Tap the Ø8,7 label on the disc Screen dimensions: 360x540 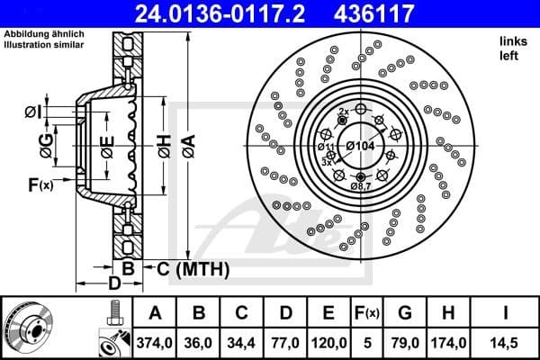click(x=361, y=184)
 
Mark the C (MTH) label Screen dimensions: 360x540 click(x=193, y=268)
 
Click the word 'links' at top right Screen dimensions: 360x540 click(x=510, y=42)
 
